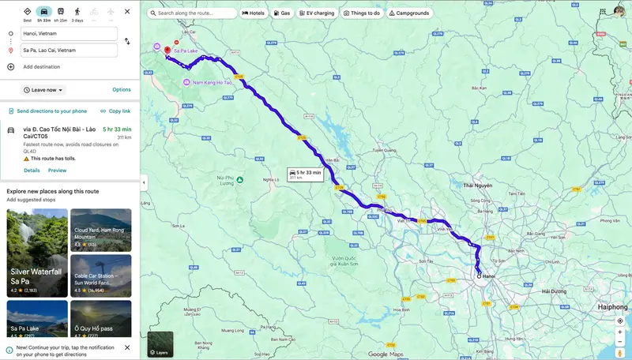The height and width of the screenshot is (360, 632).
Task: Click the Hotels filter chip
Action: point(254,13)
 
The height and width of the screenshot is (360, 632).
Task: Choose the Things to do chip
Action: point(362,13)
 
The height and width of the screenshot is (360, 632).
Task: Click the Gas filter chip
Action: point(282,13)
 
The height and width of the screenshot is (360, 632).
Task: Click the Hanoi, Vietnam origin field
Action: point(69,33)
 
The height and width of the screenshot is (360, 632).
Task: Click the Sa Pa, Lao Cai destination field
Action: point(69,50)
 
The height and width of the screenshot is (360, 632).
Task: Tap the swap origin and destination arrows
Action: point(128,41)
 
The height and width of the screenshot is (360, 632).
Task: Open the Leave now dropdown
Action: point(43,90)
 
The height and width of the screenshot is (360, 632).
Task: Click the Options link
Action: point(122,90)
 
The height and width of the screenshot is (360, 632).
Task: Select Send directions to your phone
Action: point(47,111)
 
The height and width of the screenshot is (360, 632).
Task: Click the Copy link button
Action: point(115,111)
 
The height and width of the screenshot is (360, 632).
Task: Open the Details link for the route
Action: point(32,171)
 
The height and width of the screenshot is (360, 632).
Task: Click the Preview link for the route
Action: point(57,171)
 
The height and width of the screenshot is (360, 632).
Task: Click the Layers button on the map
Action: point(160,344)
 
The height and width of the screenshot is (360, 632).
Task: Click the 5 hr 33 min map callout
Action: point(305,174)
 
